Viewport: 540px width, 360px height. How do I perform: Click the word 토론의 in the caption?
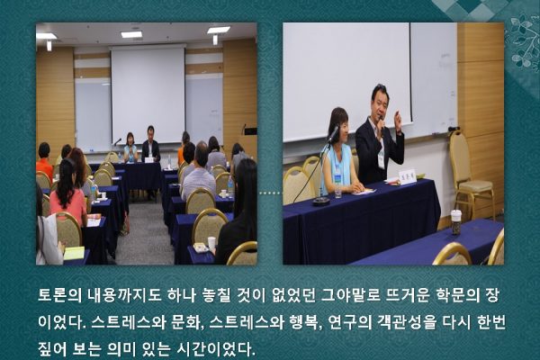(x=59, y=296)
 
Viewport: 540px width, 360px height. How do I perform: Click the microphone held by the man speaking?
(x=382, y=122)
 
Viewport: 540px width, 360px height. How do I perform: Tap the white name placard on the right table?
(x=408, y=176)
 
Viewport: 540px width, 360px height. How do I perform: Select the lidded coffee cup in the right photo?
(x=456, y=222)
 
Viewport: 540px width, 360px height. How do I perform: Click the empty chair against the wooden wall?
(x=470, y=172)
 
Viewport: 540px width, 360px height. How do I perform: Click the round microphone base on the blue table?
(x=321, y=202)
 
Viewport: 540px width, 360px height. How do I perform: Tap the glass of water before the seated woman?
(x=337, y=192)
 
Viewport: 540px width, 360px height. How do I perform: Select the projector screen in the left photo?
(x=148, y=94)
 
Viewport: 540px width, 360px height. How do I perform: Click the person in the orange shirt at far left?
(x=44, y=161)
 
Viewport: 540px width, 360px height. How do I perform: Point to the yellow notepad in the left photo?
(x=74, y=253)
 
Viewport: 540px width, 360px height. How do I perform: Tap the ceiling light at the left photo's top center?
(x=131, y=34)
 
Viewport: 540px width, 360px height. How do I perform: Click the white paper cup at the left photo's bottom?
(x=211, y=244)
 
